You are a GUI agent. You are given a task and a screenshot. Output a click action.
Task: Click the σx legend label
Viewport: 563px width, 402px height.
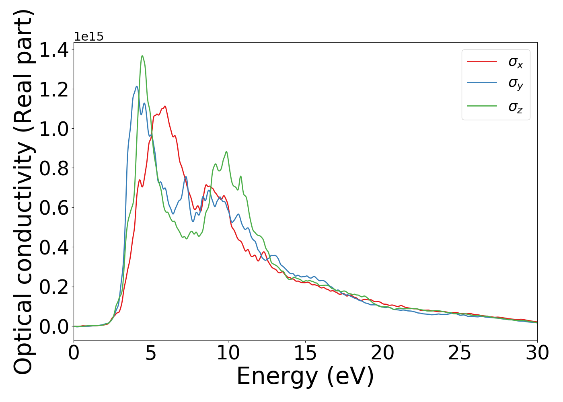coord(516,62)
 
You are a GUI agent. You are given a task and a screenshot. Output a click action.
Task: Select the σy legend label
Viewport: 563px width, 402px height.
coord(516,84)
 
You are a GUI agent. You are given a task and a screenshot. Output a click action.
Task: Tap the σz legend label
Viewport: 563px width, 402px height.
coord(516,107)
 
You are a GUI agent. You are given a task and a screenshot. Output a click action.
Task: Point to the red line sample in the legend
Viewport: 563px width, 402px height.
coord(482,62)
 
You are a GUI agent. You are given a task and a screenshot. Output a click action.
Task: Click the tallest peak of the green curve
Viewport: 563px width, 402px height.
coord(142,56)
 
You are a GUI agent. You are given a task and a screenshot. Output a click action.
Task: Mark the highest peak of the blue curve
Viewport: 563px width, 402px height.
coord(137,86)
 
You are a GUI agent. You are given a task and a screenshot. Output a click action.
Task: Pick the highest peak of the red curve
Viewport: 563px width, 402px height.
coord(165,106)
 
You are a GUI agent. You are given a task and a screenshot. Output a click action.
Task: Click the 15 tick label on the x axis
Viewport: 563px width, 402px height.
coord(305,353)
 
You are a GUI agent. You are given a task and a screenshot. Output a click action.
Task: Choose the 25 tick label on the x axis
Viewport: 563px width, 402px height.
coord(460,353)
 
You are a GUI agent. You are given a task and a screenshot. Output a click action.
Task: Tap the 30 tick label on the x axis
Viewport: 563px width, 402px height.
coord(537,353)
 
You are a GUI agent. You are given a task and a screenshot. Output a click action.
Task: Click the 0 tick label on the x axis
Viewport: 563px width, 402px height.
coord(74,353)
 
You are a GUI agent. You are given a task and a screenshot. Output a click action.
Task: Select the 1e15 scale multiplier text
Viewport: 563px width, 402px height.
coord(88,37)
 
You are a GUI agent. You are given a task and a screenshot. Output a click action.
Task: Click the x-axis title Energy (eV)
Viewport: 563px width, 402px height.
coord(305,377)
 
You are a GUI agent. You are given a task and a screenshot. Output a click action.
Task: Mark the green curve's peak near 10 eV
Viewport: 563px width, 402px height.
coord(226,152)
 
